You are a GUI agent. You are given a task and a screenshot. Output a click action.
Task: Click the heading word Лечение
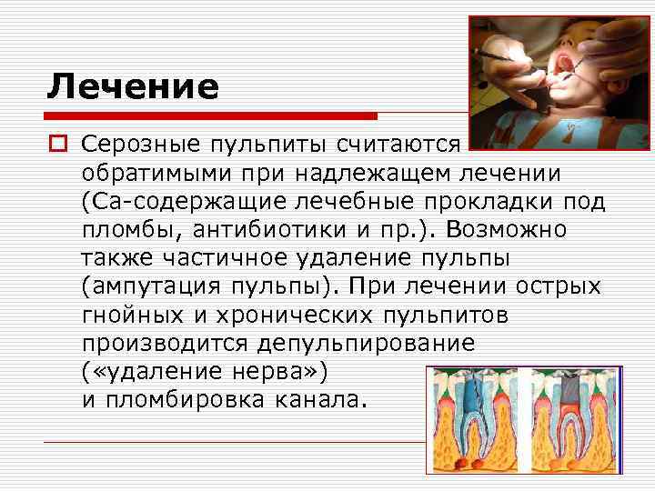(x=133, y=87)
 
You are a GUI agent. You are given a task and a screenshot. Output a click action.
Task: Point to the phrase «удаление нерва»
(x=203, y=373)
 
